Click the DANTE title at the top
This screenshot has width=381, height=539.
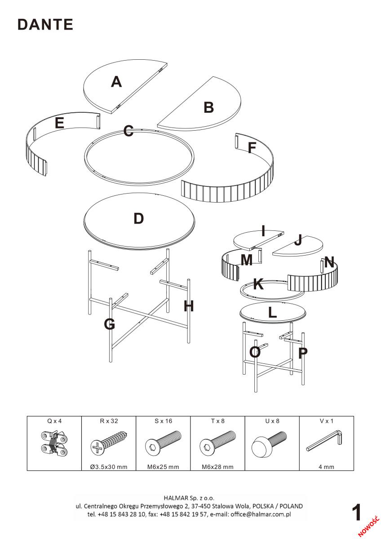pos(45,25)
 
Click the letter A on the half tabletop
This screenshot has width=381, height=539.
pos(116,82)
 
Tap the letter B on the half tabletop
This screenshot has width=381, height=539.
pos(208,108)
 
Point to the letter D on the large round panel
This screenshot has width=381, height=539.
pos(139,218)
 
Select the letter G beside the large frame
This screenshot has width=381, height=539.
pos(110,324)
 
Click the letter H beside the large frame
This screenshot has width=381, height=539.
pos(189,306)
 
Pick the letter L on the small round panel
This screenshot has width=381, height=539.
pos(272,313)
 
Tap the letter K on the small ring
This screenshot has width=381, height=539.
pos(258,284)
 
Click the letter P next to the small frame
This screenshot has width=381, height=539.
pos(303,353)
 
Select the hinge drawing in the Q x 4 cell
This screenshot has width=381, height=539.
pos(54,442)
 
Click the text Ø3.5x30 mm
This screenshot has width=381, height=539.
pos(108,467)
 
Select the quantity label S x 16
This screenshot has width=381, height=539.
pos(163,421)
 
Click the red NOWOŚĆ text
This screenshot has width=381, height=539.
pos(369,525)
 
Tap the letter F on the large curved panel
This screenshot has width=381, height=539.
pos(252,147)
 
